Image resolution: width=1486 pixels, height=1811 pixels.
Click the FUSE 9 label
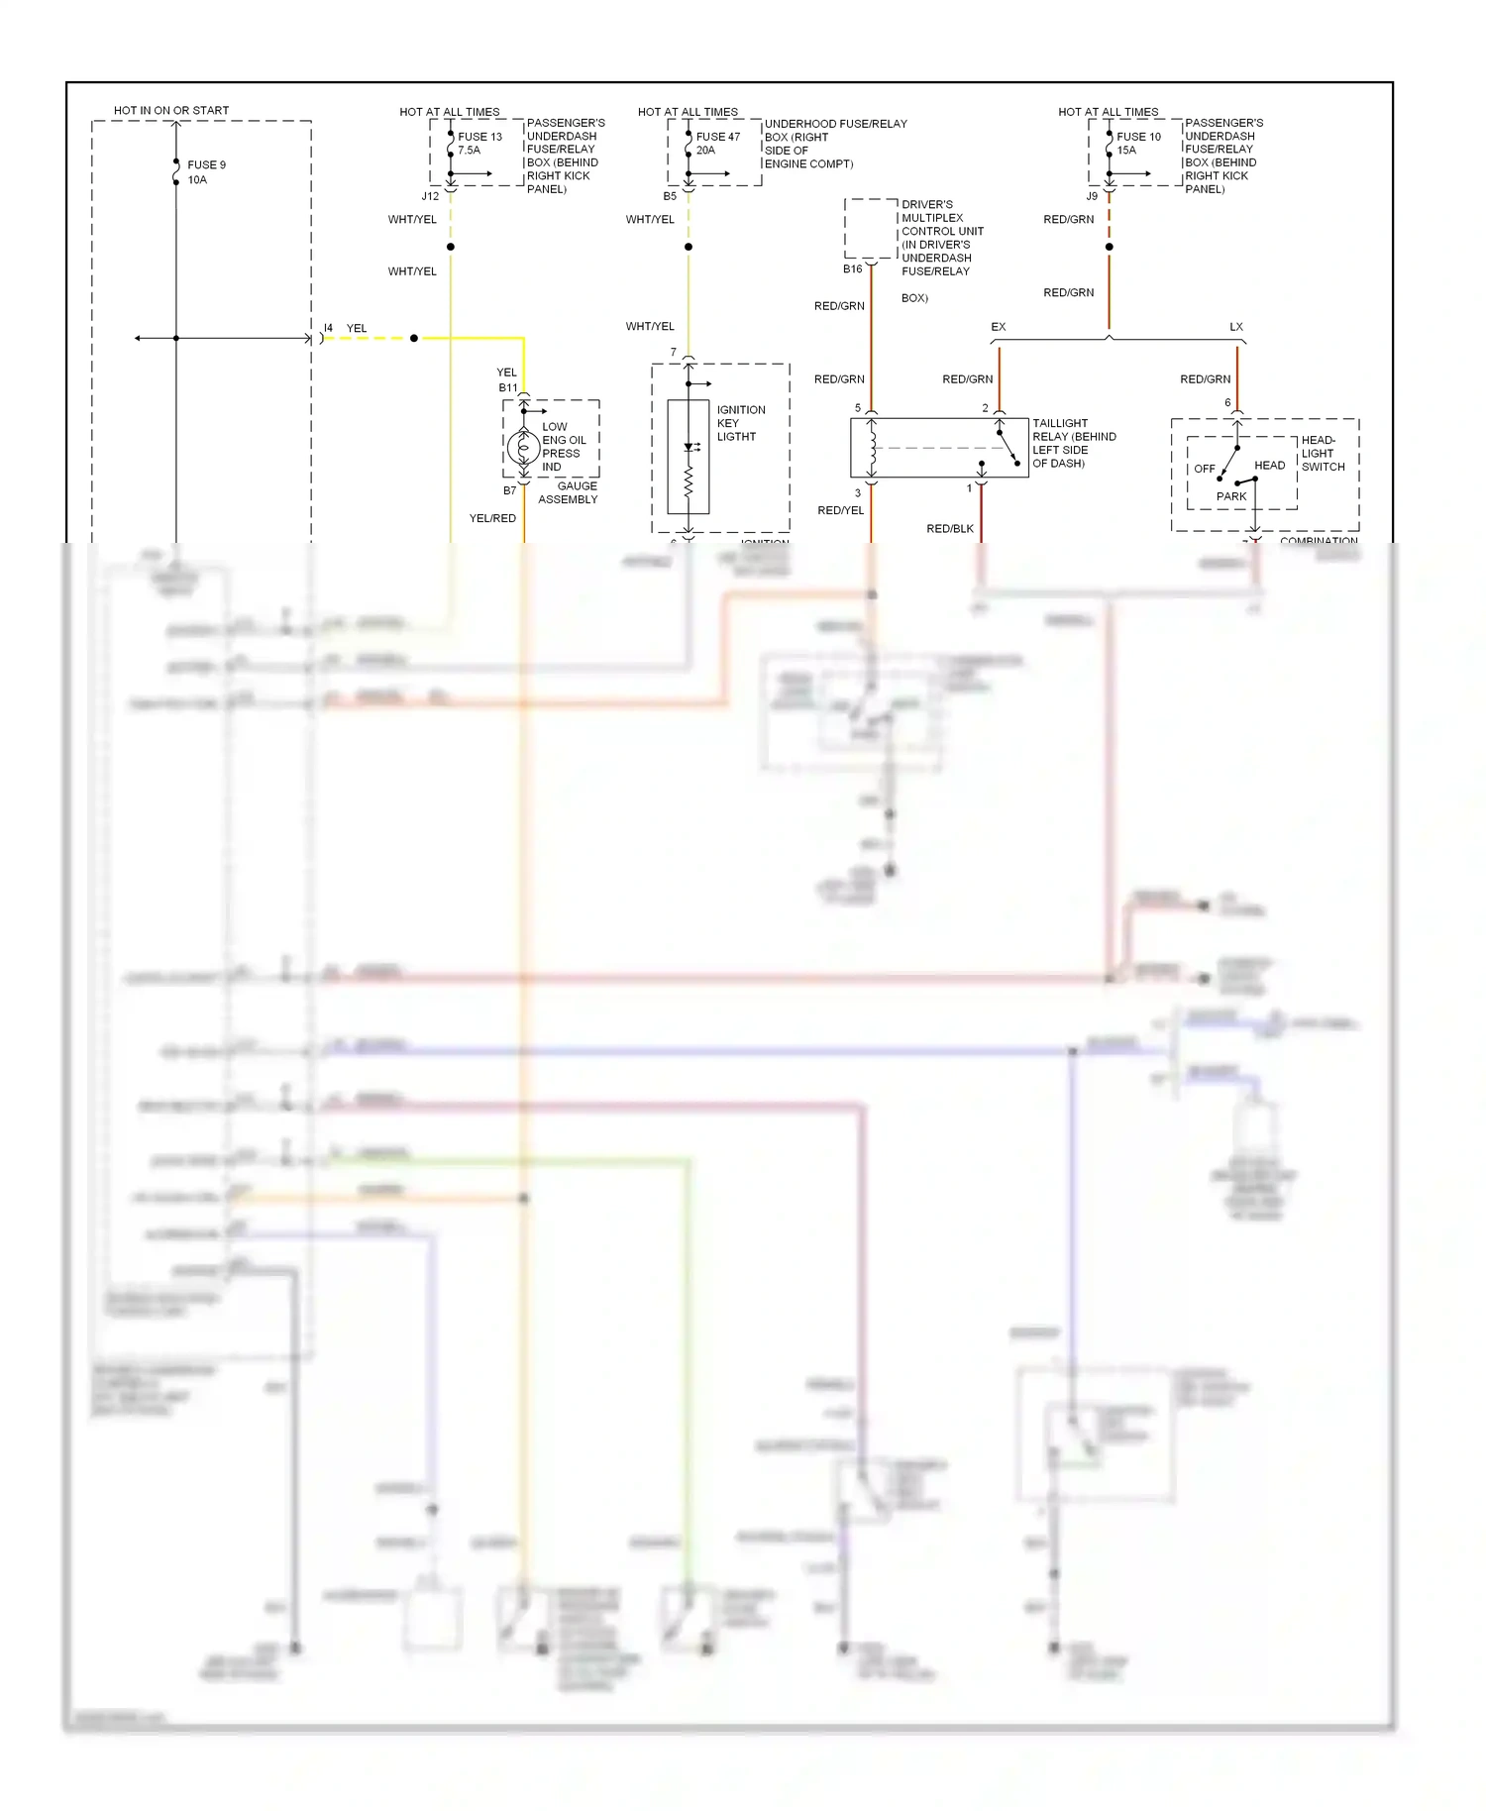(x=206, y=165)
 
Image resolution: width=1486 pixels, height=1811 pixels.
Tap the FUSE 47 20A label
(x=716, y=144)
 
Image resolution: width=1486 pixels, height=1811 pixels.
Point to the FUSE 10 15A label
(x=1137, y=144)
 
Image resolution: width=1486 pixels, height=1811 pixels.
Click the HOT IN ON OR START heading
(x=171, y=110)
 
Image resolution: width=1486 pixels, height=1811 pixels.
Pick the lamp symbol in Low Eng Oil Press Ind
(x=523, y=447)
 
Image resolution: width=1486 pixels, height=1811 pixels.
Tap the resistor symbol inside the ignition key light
(x=689, y=482)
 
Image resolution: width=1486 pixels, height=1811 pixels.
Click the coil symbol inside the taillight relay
(x=872, y=448)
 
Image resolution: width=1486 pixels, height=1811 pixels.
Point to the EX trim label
(x=998, y=327)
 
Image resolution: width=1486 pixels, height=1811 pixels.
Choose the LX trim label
(x=1235, y=327)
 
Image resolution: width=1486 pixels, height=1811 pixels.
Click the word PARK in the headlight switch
(x=1230, y=496)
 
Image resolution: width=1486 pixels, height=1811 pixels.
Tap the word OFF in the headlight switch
(x=1204, y=469)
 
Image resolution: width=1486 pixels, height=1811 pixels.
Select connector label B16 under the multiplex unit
(x=852, y=269)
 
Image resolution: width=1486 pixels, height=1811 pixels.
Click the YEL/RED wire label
(x=492, y=518)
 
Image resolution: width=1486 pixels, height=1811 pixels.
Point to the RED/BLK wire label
(x=949, y=529)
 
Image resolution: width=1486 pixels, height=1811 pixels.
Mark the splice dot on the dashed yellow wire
(x=414, y=339)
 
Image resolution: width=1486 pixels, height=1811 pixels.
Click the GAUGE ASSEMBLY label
(x=569, y=492)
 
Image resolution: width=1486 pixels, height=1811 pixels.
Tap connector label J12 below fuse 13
(x=430, y=196)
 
